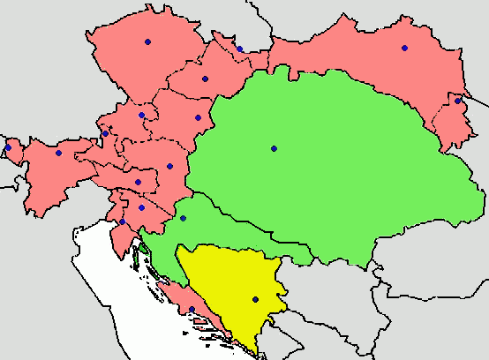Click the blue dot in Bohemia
click(x=147, y=41)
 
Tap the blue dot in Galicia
click(x=404, y=48)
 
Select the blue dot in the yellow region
click(x=255, y=299)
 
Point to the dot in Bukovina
click(x=457, y=101)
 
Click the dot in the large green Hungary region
click(x=274, y=148)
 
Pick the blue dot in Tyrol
click(x=58, y=153)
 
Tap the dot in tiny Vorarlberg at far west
click(x=8, y=147)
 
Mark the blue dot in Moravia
click(x=205, y=79)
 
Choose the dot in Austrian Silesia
click(x=239, y=49)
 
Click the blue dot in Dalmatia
click(x=192, y=309)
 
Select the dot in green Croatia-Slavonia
click(x=183, y=218)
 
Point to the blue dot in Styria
click(x=169, y=166)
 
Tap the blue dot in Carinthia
click(x=138, y=182)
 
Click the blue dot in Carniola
click(x=141, y=207)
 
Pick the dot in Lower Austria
click(x=198, y=117)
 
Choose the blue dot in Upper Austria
click(x=141, y=115)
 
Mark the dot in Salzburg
click(x=105, y=134)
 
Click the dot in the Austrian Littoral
click(x=123, y=221)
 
